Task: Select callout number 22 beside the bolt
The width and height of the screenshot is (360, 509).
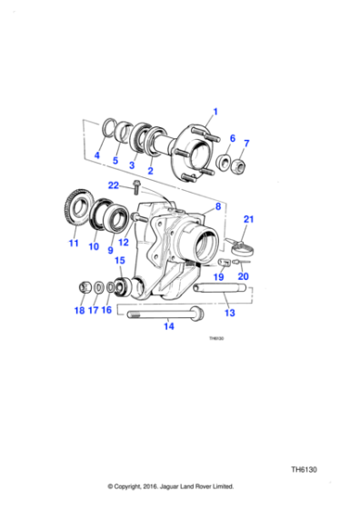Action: pos(114,185)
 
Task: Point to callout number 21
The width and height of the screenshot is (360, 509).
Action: pos(248,219)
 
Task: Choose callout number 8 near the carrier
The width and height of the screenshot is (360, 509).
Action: pos(217,208)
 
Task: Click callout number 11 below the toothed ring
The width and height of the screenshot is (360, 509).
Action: pos(74,244)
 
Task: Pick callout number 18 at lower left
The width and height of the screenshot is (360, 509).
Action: pos(79,310)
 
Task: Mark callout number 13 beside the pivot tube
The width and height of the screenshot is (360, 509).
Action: pos(229,313)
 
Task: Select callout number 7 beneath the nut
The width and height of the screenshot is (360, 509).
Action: pos(245,143)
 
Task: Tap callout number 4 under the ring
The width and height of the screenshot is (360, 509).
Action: pos(97,156)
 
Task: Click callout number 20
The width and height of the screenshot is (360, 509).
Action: pos(242,277)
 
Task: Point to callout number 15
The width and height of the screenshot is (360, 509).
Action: pos(119,261)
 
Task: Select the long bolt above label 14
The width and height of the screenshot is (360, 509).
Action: pos(168,314)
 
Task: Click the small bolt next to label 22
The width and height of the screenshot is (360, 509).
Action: pos(135,188)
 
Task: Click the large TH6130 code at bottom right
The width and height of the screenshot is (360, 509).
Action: pos(304,471)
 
